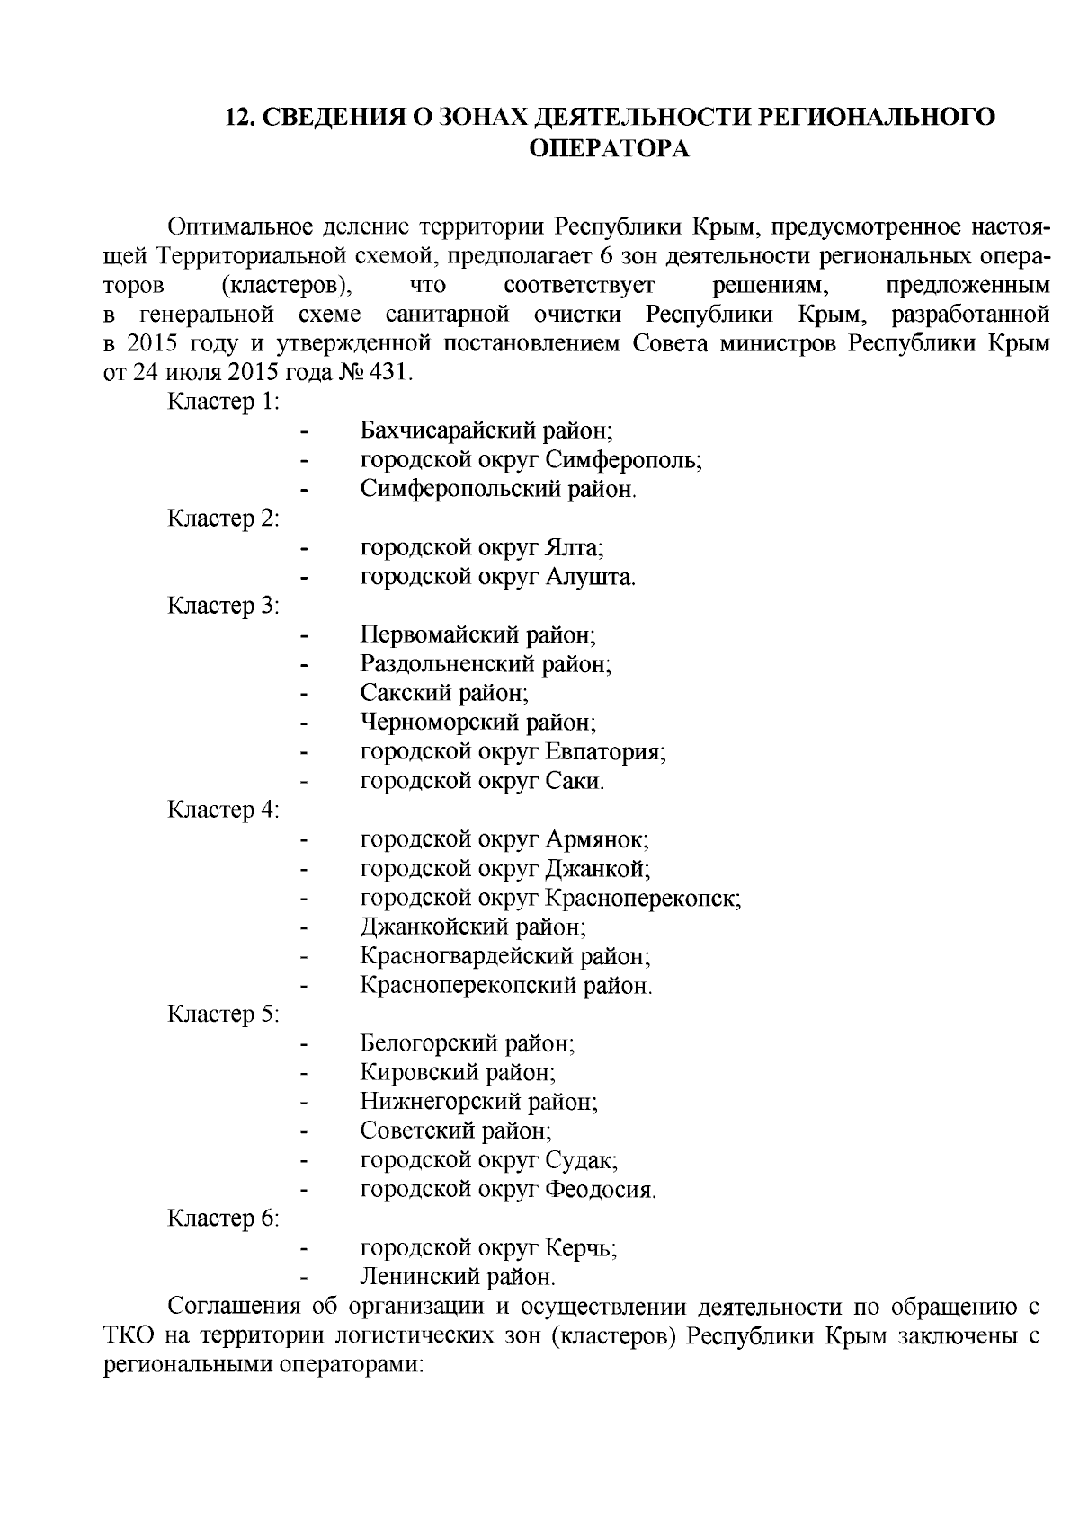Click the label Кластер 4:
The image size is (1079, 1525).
(x=224, y=810)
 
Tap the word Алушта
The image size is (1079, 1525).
(x=591, y=577)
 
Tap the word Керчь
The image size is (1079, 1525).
(x=580, y=1248)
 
